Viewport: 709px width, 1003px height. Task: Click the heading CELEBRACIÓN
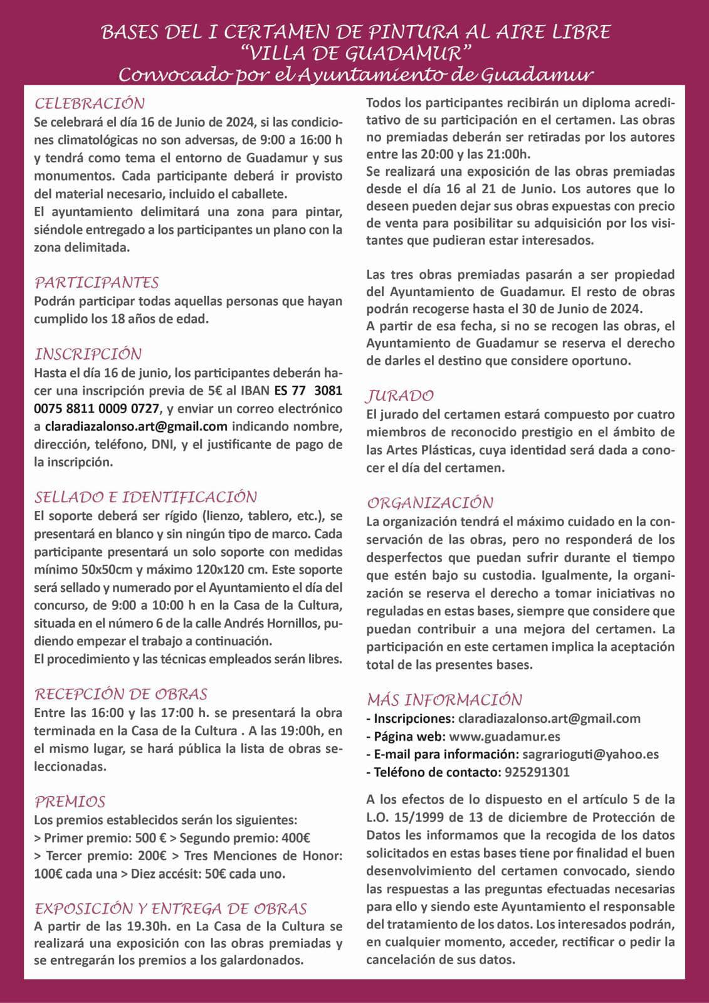click(x=90, y=103)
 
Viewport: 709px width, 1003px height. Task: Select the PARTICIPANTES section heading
click(x=97, y=283)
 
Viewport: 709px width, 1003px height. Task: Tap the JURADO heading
click(x=400, y=396)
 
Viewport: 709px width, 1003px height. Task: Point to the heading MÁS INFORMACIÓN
click(x=444, y=700)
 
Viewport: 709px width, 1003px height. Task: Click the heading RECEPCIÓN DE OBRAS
click(x=121, y=694)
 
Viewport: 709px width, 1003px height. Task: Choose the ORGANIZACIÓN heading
click(x=430, y=503)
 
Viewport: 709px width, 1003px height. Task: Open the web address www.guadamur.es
click(x=505, y=737)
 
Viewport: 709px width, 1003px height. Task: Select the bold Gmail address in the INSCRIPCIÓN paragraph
click(x=136, y=427)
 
